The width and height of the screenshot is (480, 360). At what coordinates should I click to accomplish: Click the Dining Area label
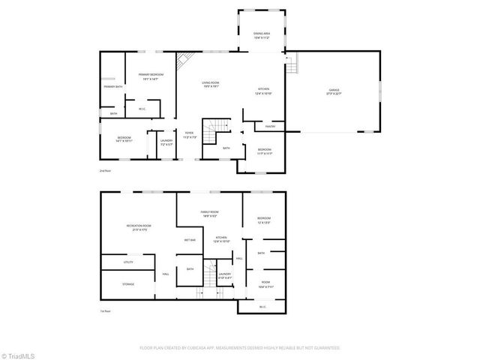pyautogui.click(x=262, y=35)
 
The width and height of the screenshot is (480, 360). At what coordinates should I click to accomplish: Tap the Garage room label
pyautogui.click(x=334, y=91)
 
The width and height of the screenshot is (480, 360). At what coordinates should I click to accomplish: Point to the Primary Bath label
pyautogui.click(x=113, y=87)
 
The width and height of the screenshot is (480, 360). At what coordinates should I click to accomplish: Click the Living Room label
pyautogui.click(x=210, y=84)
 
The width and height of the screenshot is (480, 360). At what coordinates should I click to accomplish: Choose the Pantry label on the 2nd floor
pyautogui.click(x=270, y=125)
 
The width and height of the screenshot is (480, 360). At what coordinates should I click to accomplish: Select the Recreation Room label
pyautogui.click(x=138, y=227)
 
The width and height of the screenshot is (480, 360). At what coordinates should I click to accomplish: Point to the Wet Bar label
pyautogui.click(x=190, y=240)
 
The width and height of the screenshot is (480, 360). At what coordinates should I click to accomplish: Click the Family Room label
pyautogui.click(x=210, y=214)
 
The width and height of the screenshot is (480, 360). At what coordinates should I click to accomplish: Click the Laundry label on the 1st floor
pyautogui.click(x=225, y=275)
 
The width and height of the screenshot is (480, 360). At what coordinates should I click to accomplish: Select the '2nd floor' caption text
pyautogui.click(x=105, y=171)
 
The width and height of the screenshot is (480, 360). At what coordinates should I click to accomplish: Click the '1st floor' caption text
pyautogui.click(x=105, y=310)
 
